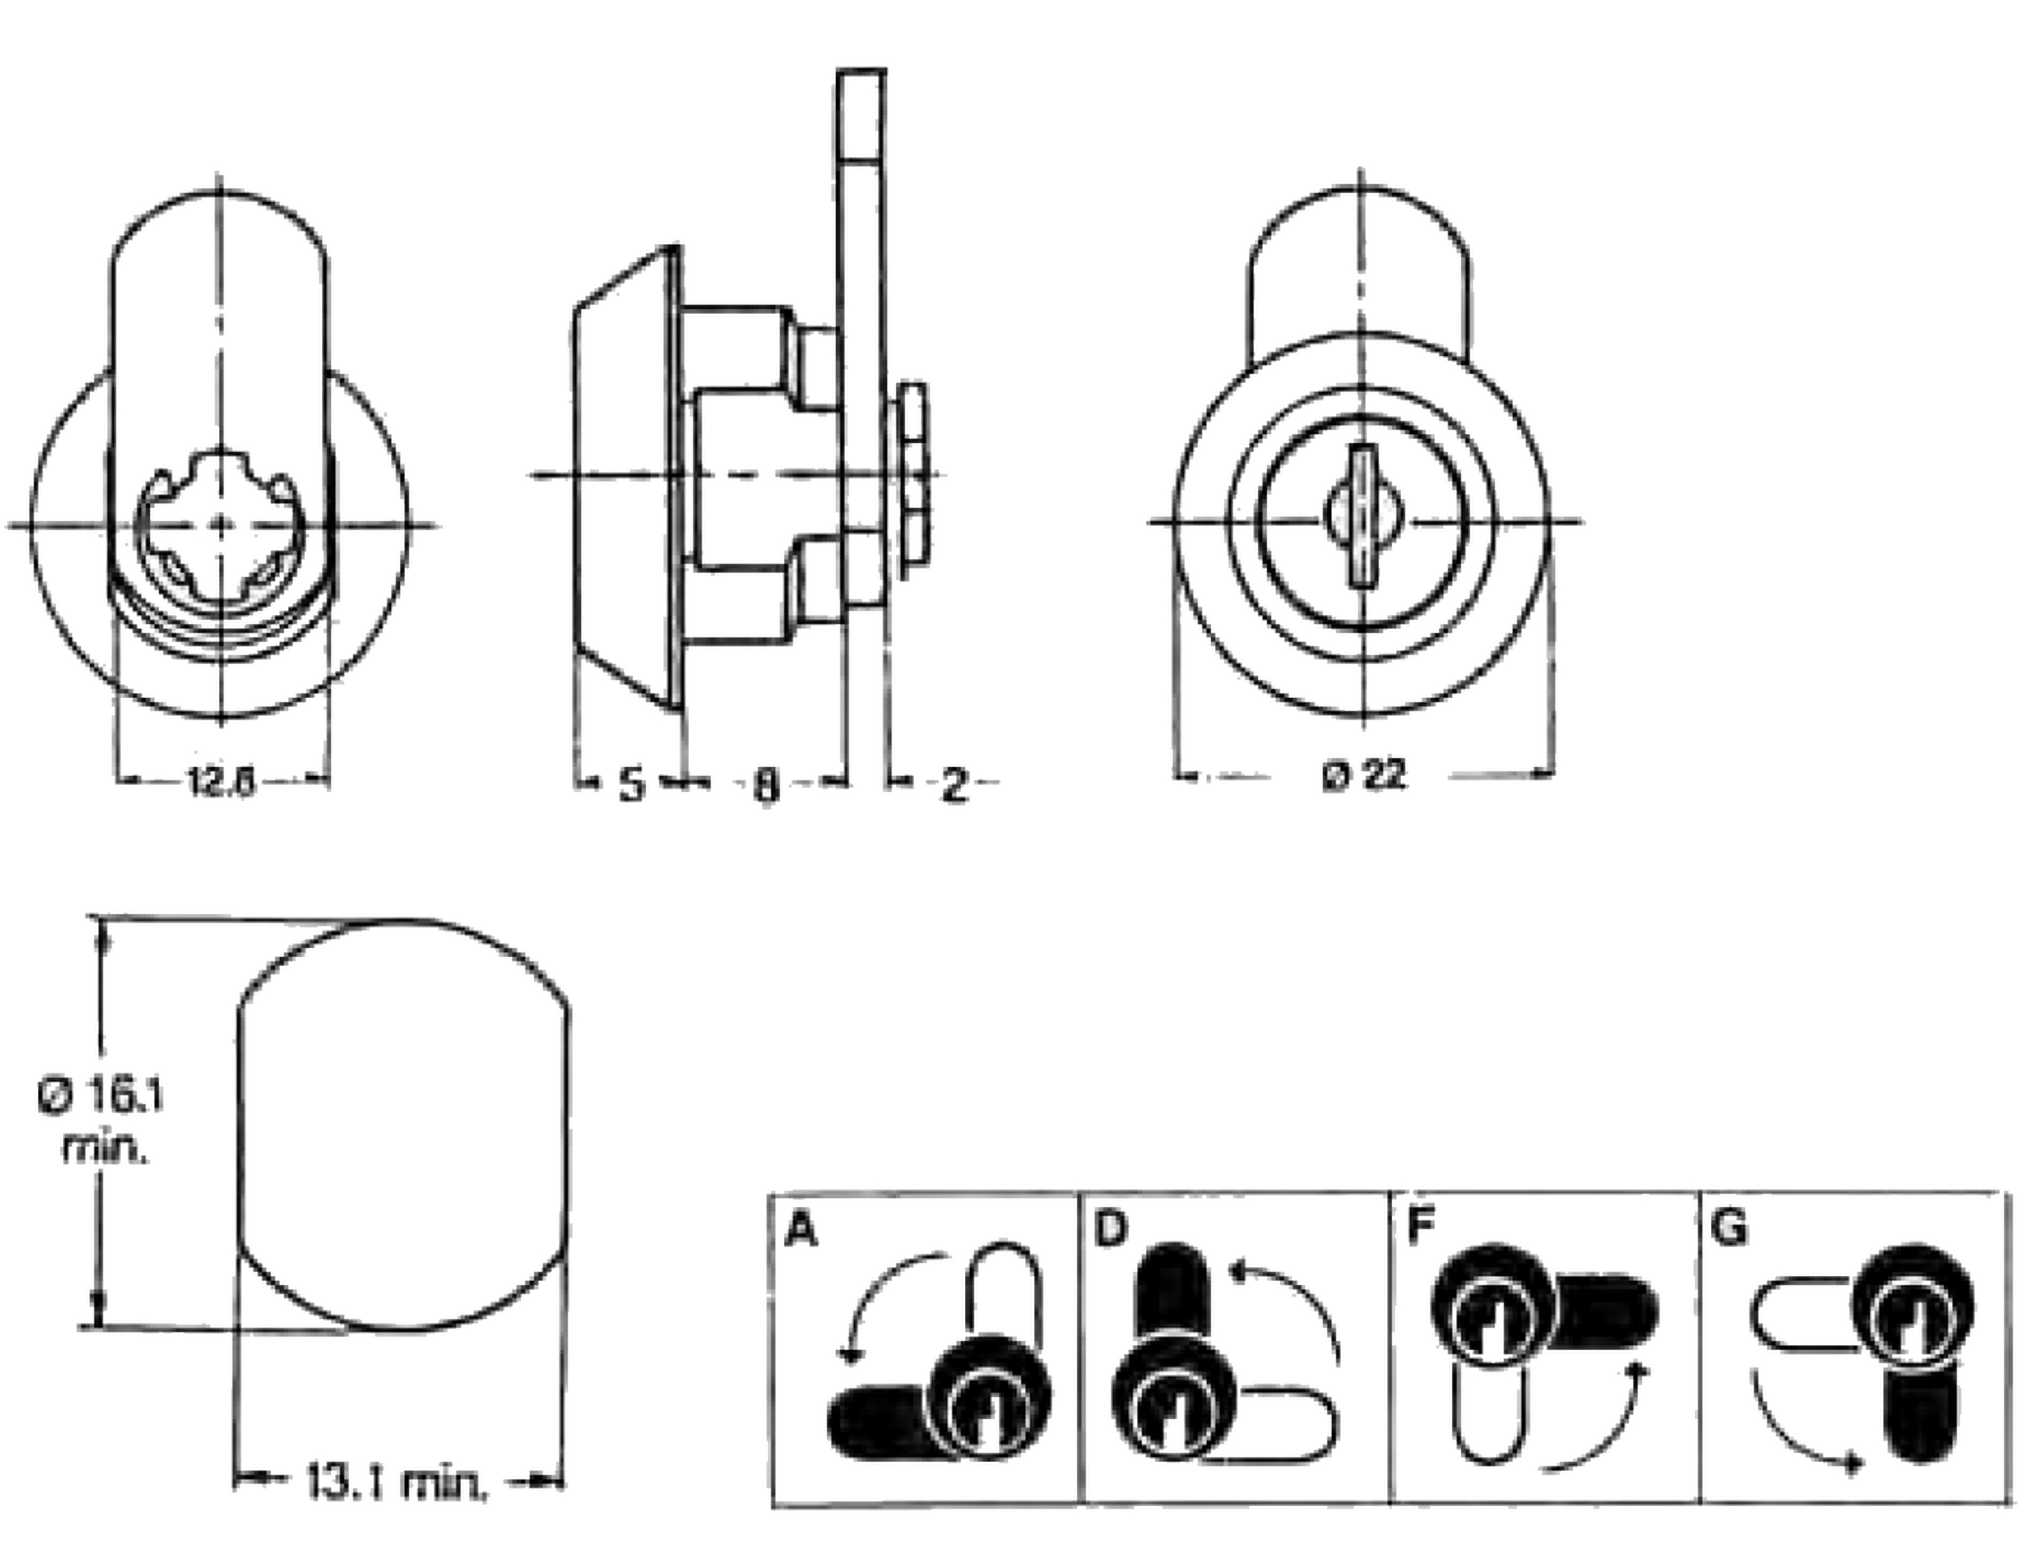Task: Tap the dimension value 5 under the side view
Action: point(630,785)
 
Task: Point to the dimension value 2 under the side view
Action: point(953,785)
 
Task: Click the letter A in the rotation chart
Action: point(800,1230)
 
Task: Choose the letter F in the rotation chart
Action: point(1418,1229)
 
